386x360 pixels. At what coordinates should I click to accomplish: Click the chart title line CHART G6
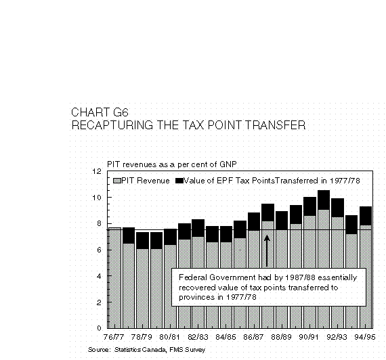pyautogui.click(x=100, y=112)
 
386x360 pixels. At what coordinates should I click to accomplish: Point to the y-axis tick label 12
pyautogui.click(x=97, y=171)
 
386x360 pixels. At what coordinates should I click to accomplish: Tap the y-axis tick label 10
pyautogui.click(x=97, y=198)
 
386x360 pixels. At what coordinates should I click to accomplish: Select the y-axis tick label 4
pyautogui.click(x=99, y=276)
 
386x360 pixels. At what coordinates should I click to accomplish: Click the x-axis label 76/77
pyautogui.click(x=114, y=337)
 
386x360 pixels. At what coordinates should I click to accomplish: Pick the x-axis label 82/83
pyautogui.click(x=198, y=337)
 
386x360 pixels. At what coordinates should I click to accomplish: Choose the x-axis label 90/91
pyautogui.click(x=309, y=337)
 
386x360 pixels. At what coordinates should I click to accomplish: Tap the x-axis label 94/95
pyautogui.click(x=365, y=337)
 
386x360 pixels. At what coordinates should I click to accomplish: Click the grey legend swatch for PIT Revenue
pyautogui.click(x=117, y=181)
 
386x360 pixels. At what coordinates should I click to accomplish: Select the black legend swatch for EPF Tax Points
pyautogui.click(x=179, y=181)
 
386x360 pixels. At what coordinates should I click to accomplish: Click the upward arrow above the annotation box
pyautogui.click(x=267, y=251)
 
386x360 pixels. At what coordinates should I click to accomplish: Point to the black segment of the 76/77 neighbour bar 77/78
pyautogui.click(x=129, y=235)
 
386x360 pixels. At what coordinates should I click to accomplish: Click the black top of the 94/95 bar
pyautogui.click(x=366, y=216)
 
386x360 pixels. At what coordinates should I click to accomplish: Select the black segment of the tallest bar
pyautogui.click(x=324, y=200)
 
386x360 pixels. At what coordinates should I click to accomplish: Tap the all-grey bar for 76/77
pyautogui.click(x=115, y=278)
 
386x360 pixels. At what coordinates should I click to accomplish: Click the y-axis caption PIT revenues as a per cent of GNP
pyautogui.click(x=172, y=164)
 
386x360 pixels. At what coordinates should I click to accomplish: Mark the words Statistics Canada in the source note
pyautogui.click(x=140, y=350)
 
